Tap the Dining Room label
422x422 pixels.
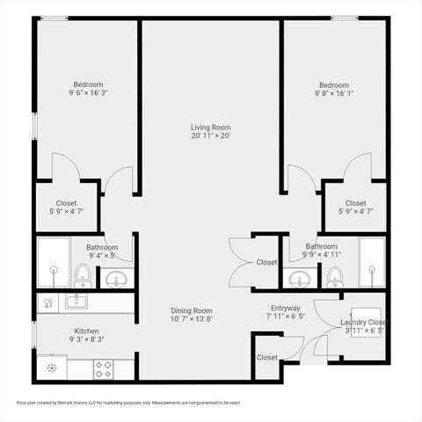(x=192, y=310)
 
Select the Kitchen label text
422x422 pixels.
(x=87, y=331)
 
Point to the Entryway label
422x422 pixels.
(x=285, y=309)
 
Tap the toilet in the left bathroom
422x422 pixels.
(x=83, y=275)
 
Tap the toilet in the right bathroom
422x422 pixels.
(x=335, y=277)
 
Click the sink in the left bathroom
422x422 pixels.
(x=115, y=280)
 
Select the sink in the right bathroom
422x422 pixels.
(x=299, y=280)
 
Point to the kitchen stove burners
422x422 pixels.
(x=103, y=367)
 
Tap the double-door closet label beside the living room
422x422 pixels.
(x=266, y=262)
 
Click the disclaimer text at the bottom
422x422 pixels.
(x=128, y=403)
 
